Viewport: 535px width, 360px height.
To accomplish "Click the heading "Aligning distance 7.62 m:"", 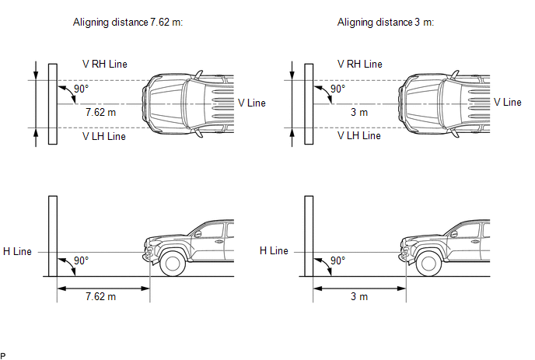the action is tap(128, 23).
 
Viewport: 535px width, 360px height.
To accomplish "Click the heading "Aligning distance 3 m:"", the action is tap(386, 23).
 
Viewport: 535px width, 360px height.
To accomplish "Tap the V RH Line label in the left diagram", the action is tap(105, 65).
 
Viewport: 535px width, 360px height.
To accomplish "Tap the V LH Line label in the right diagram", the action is tap(359, 136).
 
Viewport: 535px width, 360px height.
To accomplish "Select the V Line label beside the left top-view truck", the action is tap(252, 103).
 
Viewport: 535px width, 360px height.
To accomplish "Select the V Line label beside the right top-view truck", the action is tap(508, 103).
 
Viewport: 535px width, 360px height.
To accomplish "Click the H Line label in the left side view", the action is tap(17, 251).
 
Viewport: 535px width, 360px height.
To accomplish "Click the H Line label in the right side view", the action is tap(274, 251).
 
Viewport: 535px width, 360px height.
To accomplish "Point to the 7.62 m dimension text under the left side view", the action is tap(100, 296).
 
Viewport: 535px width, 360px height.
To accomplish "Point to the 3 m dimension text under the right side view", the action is tap(359, 296).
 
